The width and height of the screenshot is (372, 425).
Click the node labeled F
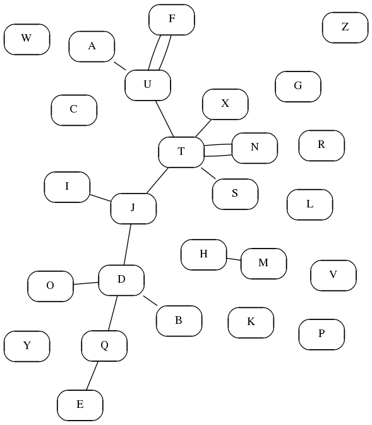coord(172,20)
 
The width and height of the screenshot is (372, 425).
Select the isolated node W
coord(27,39)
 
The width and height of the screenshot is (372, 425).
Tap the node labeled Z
coord(345,27)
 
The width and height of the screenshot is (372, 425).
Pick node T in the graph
coord(181,152)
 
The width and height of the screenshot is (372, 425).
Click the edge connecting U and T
coord(165,119)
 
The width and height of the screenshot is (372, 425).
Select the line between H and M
coord(234,259)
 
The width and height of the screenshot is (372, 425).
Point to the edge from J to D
coord(127,245)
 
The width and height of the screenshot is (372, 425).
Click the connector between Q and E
coord(92,376)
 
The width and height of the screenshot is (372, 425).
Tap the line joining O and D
coord(85,283)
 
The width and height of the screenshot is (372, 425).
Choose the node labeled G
coord(298,87)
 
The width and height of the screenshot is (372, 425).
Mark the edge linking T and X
coord(203,128)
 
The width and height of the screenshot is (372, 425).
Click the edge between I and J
coord(100,198)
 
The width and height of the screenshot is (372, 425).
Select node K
coord(251,323)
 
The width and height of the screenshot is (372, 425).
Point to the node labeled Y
coord(27,346)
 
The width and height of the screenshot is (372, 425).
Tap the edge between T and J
coord(157,180)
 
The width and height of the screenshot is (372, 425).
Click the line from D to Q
coord(113,313)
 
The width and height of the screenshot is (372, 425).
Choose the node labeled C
coord(74,110)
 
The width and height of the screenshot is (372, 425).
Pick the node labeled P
coord(321,334)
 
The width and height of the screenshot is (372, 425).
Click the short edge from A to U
coord(120,66)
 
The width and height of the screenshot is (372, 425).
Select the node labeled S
coord(236,194)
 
